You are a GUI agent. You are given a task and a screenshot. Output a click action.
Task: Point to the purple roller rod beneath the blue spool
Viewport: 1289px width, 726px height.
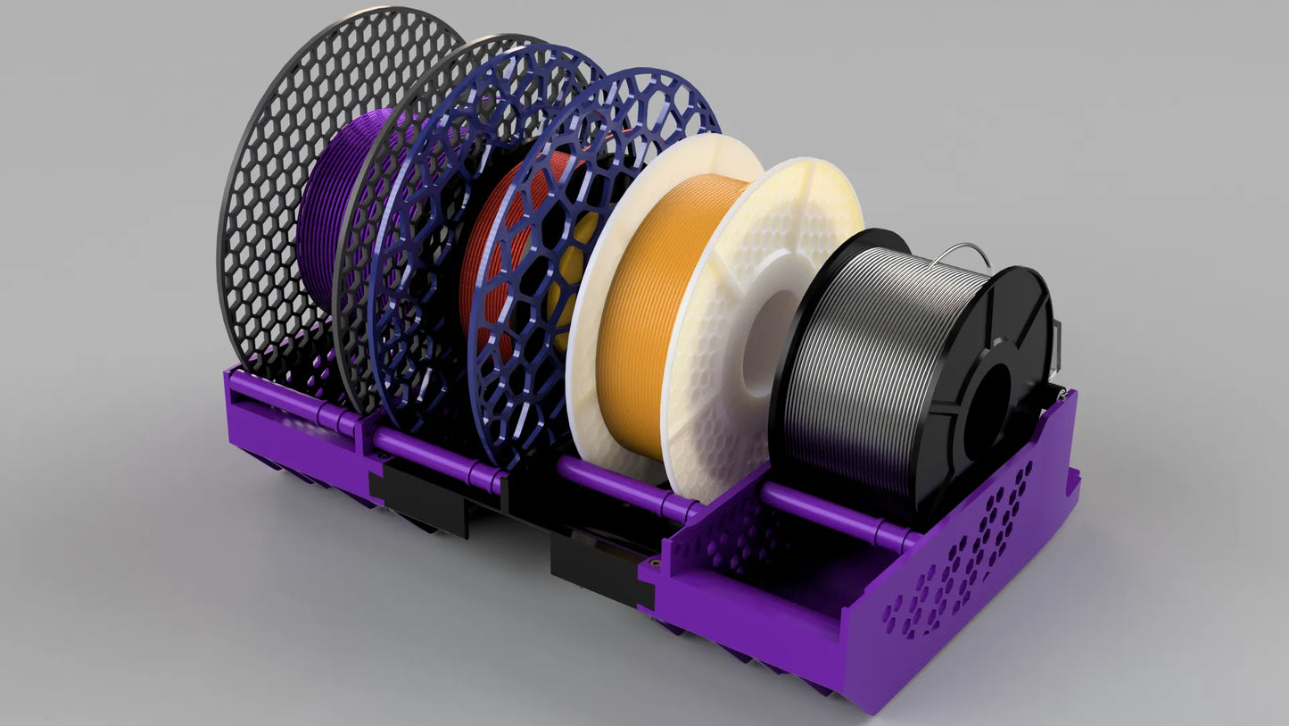tap(428, 451)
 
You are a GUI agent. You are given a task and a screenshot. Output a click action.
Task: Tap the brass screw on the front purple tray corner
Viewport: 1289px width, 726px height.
tap(657, 564)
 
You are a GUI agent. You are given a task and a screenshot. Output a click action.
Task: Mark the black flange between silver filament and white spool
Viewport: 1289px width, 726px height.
tap(789, 375)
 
